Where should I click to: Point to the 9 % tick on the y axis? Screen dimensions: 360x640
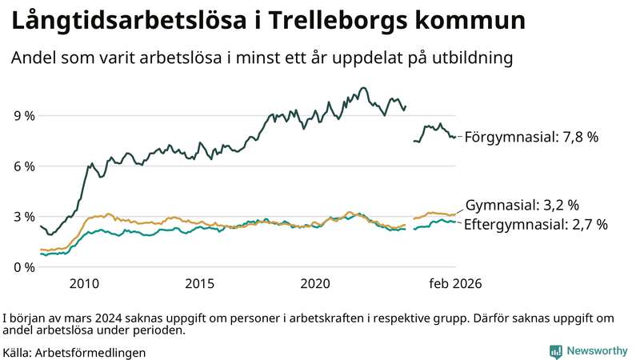(24, 116)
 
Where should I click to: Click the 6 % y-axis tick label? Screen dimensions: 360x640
(24, 166)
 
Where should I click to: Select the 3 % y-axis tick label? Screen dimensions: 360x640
(24, 217)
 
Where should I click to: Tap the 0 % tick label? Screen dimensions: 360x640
(24, 267)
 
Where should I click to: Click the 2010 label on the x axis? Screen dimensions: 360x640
(84, 284)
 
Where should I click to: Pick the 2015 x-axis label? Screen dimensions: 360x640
(200, 284)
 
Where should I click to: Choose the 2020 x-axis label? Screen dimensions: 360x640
(315, 284)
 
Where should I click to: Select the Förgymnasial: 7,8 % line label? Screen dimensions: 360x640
(531, 137)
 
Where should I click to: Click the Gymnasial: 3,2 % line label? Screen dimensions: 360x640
(522, 205)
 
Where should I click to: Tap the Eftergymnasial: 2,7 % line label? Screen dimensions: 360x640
(535, 225)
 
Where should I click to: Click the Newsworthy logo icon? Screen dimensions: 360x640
(555, 351)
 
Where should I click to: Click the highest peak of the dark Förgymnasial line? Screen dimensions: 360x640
(364, 88)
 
